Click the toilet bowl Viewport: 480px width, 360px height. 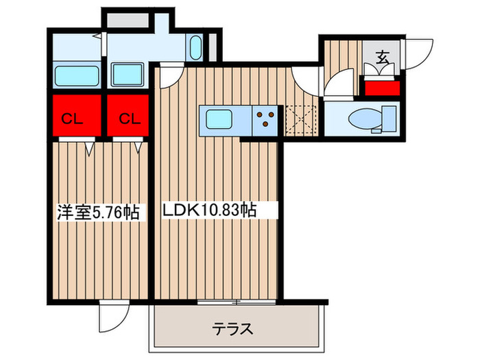[361, 120]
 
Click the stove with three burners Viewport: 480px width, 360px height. [267, 120]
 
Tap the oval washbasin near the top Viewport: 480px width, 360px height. [195, 49]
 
